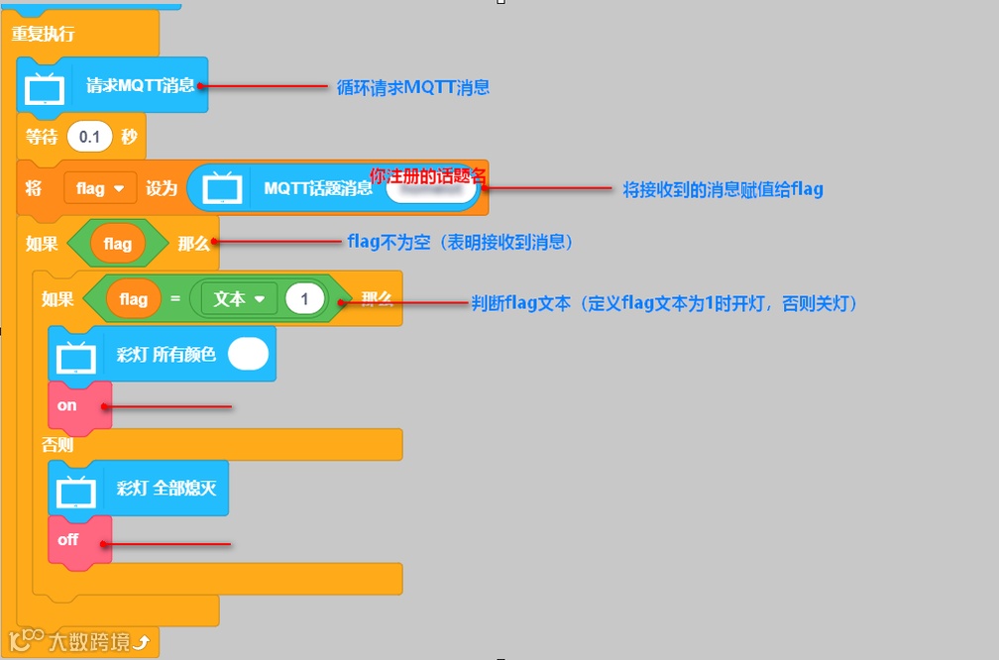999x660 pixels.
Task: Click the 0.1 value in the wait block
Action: point(89,138)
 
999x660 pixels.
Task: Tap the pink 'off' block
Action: point(68,540)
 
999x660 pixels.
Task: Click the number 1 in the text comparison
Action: point(305,298)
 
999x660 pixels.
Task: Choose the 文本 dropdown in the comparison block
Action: point(239,298)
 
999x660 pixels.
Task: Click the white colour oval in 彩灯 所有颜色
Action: point(248,354)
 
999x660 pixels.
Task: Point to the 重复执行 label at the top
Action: point(43,34)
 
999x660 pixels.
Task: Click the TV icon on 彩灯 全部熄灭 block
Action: point(76,489)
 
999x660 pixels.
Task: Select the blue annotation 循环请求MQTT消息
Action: point(412,87)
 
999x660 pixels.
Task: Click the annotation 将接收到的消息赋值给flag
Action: point(722,189)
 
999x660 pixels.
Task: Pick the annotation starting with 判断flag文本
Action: point(664,303)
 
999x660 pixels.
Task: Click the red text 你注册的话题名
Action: point(428,176)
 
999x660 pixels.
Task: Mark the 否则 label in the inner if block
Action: point(57,445)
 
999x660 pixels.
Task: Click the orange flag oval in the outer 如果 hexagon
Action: point(117,244)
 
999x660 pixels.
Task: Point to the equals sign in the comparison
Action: point(174,298)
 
